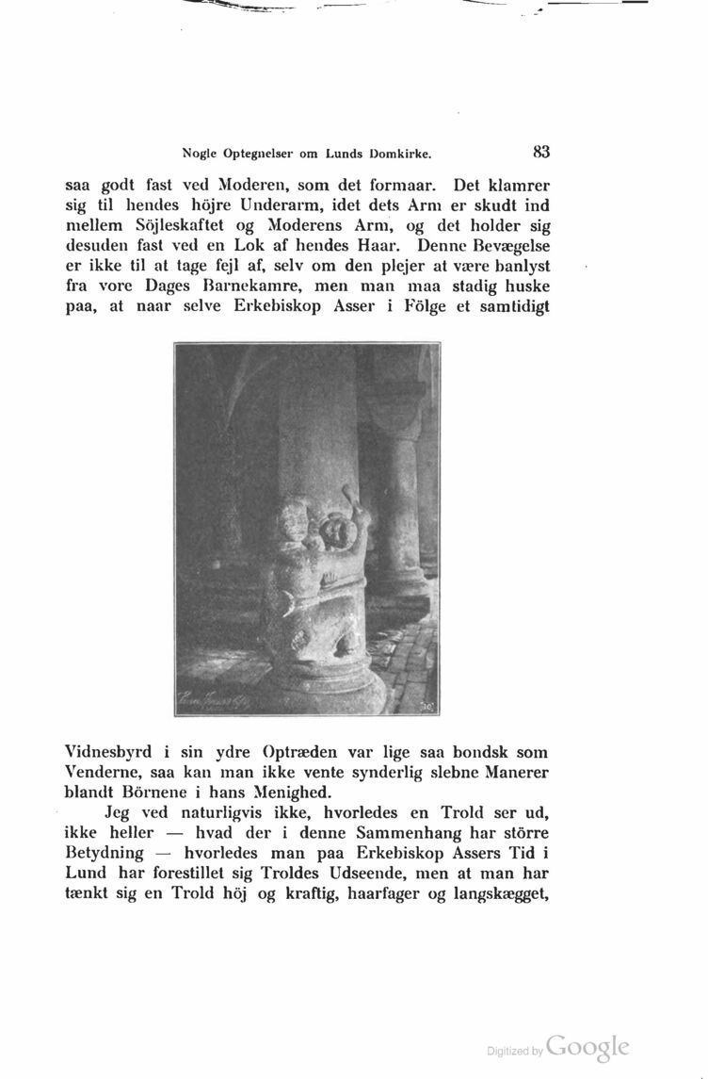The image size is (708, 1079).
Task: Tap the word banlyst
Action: tap(518, 269)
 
